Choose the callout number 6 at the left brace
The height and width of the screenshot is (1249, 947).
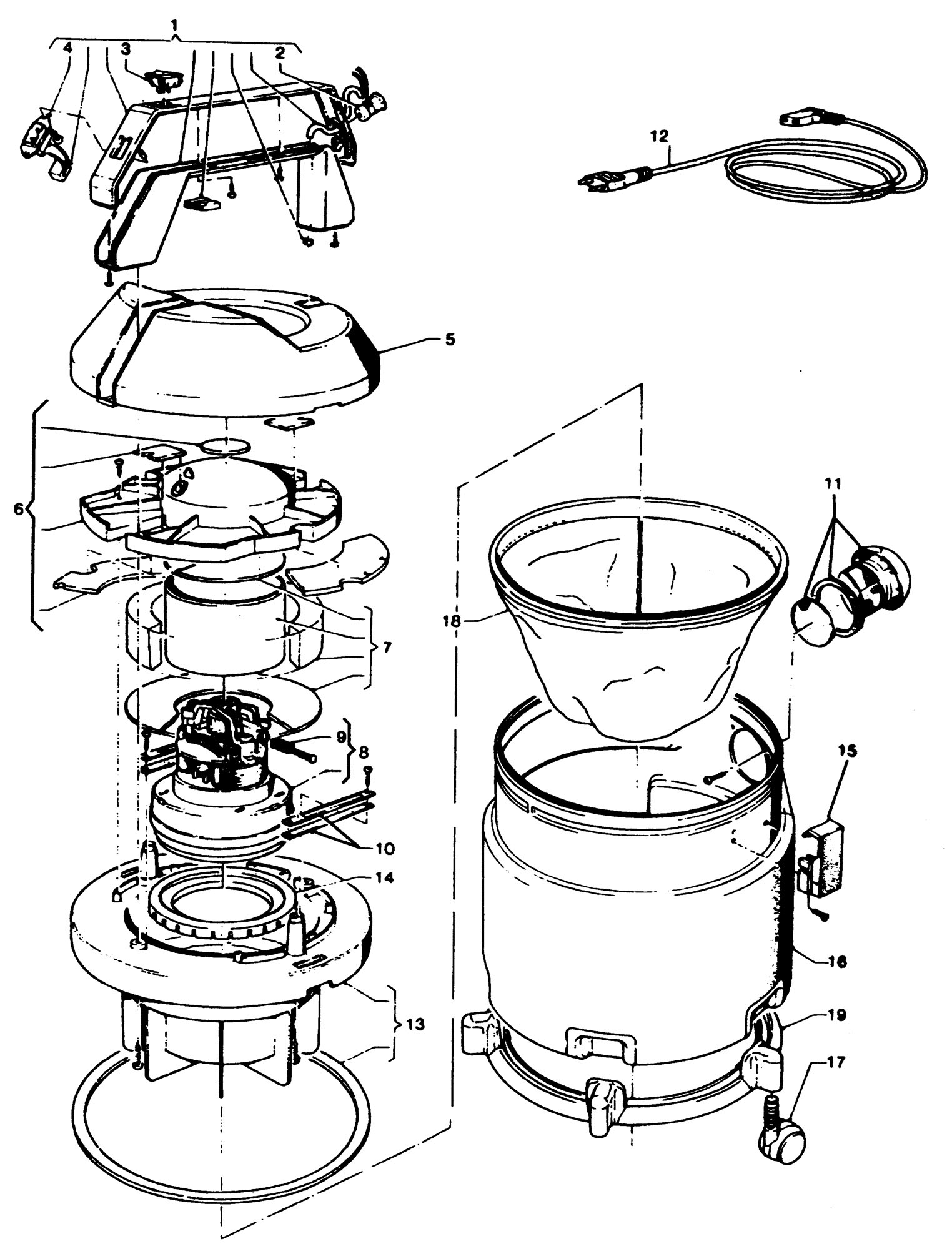(x=19, y=509)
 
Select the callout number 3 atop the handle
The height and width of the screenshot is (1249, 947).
(x=126, y=48)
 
